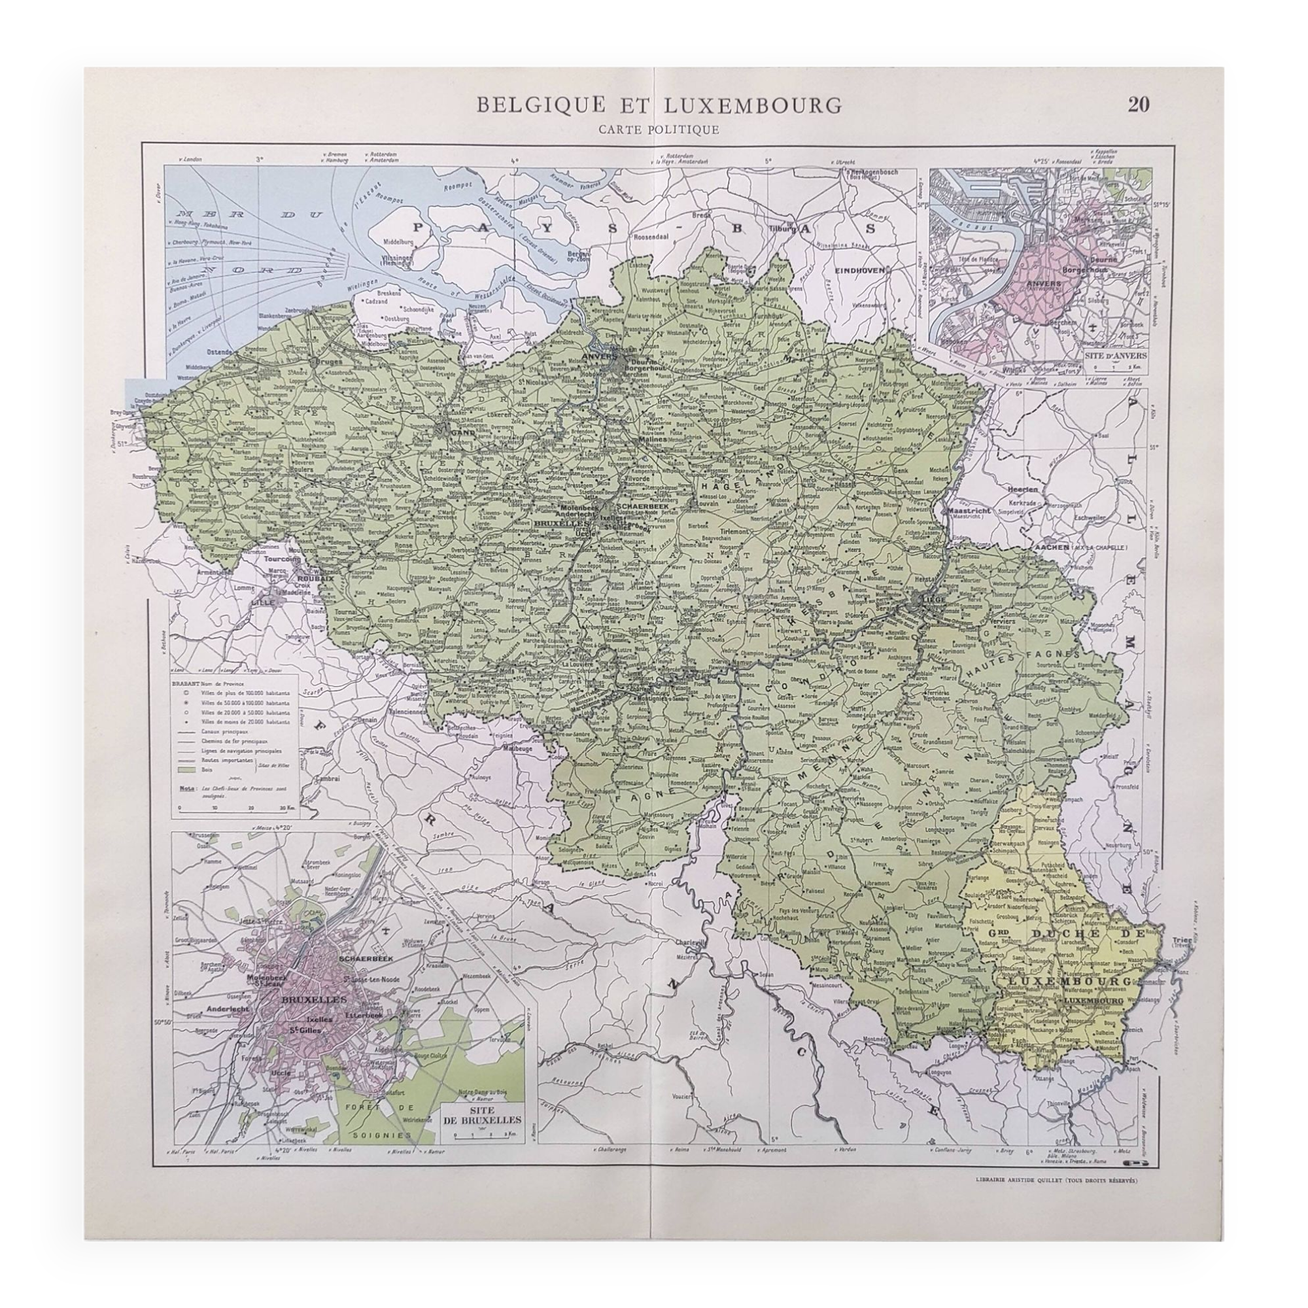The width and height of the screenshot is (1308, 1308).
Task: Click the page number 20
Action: pos(1139,105)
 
